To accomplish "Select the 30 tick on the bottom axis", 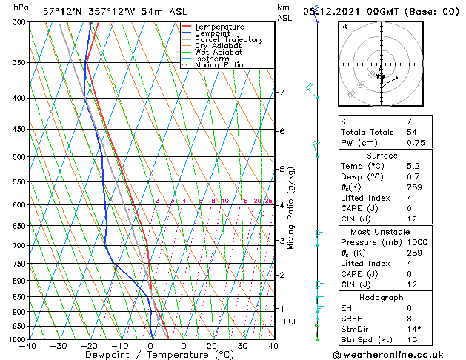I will pos(242,345).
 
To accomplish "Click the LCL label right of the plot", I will pos(290,321).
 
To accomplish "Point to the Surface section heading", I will pos(382,156).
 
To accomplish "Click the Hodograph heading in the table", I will pos(382,297).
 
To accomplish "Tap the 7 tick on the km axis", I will pos(282,93).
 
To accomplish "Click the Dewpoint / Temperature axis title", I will pos(150,355).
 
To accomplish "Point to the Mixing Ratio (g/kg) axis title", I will pos(291,208).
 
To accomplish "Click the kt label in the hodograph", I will pos(344,26).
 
